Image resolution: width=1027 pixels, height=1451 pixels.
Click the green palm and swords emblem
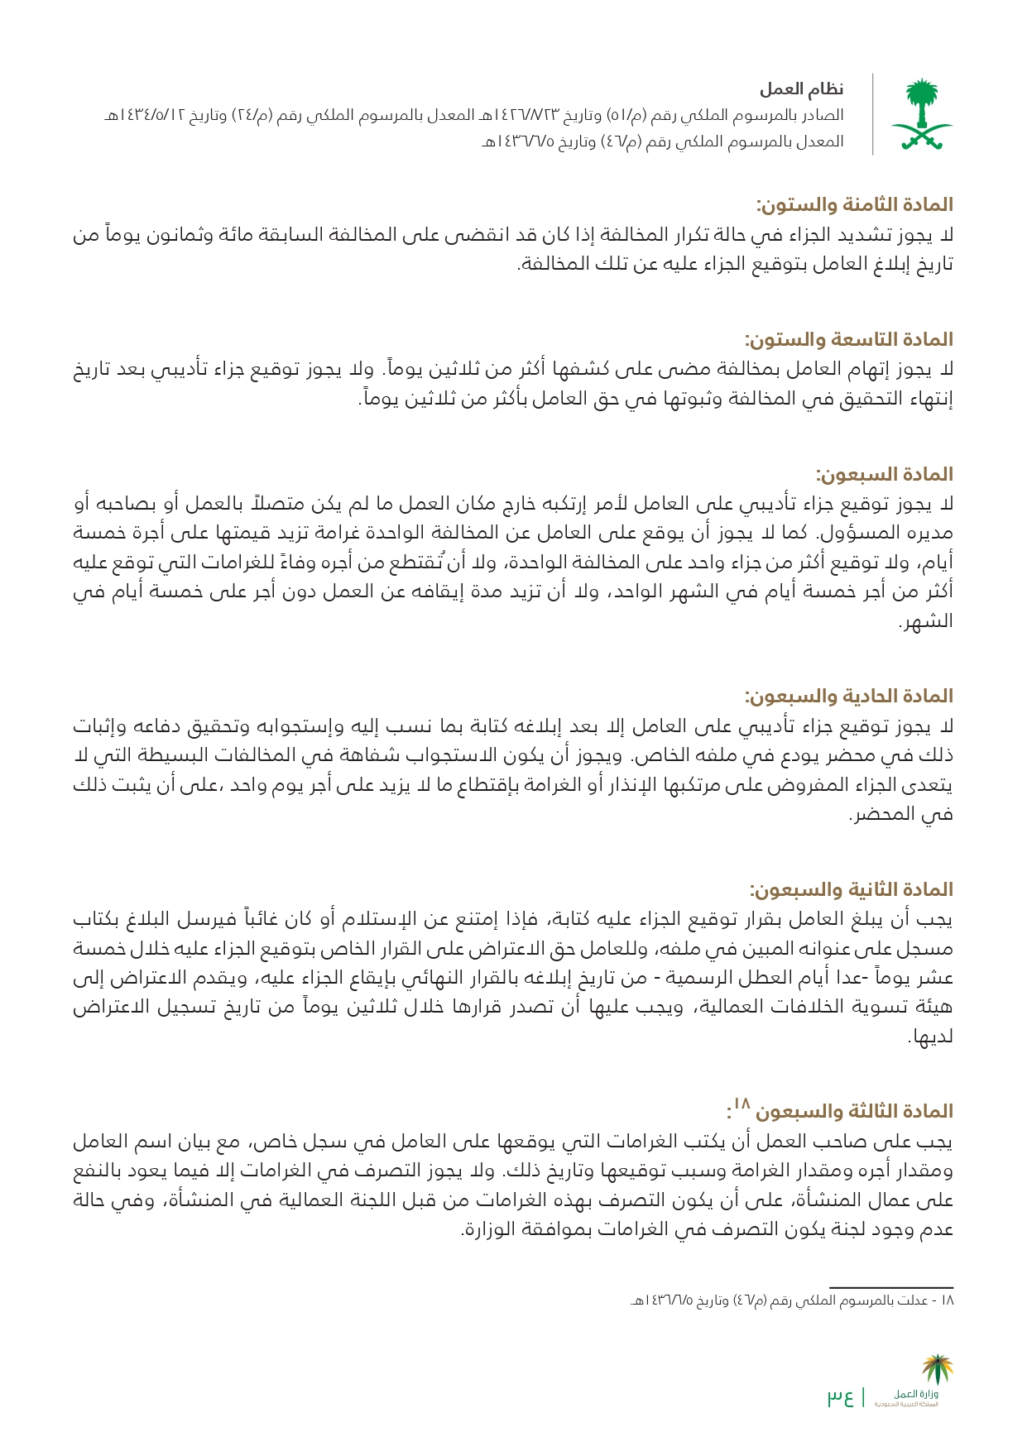[921, 115]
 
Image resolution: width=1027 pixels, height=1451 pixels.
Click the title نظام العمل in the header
[801, 89]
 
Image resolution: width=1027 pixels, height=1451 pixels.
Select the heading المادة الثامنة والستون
[854, 204]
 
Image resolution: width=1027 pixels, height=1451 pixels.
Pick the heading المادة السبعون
[884, 474]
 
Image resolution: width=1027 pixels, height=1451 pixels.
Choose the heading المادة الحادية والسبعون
[849, 696]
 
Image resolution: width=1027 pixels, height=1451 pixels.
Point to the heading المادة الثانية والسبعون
[852, 889]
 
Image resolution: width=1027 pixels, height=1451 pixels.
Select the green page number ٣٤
[840, 1398]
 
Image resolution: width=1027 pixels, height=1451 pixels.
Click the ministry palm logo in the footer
[938, 1370]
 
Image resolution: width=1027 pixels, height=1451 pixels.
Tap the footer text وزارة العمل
[916, 1395]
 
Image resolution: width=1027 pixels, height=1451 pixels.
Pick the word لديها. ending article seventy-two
[931, 1037]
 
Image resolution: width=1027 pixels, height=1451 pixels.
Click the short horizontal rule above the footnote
[891, 1287]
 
